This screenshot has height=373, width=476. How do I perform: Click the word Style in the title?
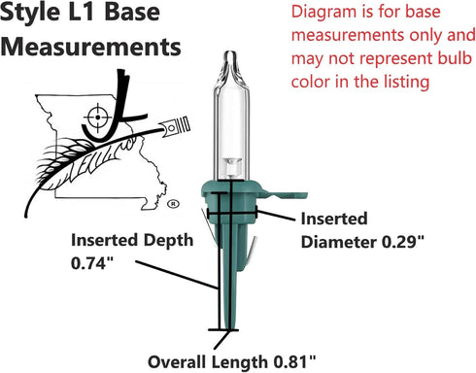click(x=30, y=13)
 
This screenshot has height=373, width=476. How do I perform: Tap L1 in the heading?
click(x=83, y=12)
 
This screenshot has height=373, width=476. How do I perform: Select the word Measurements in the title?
click(x=90, y=47)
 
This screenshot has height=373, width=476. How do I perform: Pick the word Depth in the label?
click(x=168, y=241)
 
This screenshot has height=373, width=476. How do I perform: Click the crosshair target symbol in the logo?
click(x=97, y=118)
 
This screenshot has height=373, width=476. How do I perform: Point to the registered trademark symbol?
click(x=173, y=204)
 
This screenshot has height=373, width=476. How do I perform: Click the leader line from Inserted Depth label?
click(x=177, y=275)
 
